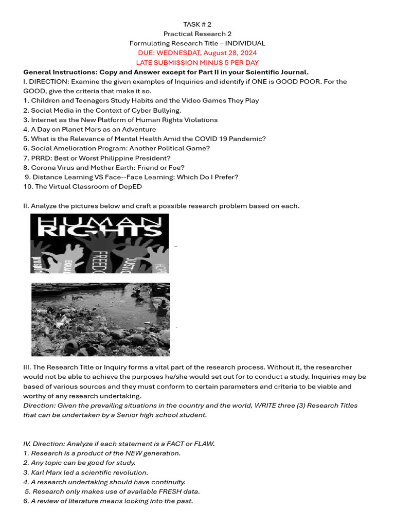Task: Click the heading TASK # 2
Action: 197,24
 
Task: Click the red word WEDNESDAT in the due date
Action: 180,53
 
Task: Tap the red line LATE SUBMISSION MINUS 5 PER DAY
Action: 197,62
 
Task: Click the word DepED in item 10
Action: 132,186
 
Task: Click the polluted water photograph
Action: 100,319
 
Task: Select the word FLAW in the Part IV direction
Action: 204,444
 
